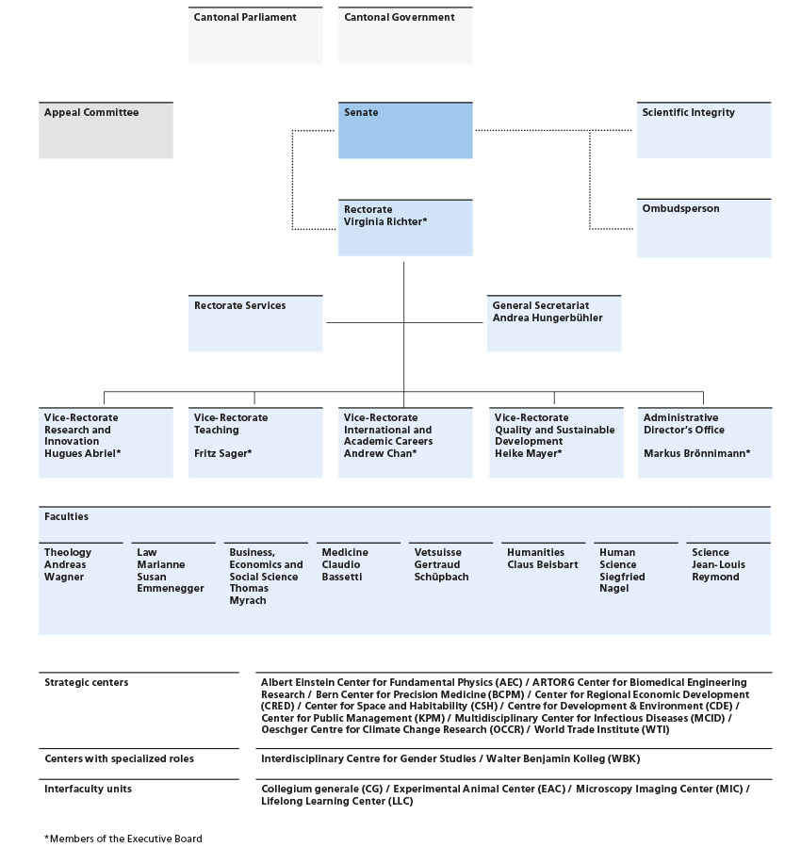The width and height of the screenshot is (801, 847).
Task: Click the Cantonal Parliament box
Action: pyautogui.click(x=255, y=35)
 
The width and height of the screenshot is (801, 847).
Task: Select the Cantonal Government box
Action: pyautogui.click(x=405, y=35)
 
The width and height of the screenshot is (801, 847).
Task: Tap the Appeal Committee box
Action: pyautogui.click(x=106, y=130)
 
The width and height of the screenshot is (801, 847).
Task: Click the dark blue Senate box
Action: pyautogui.click(x=405, y=130)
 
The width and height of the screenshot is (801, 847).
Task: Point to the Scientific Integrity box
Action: pyautogui.click(x=704, y=130)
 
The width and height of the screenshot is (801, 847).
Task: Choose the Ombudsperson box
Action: pyautogui.click(x=704, y=228)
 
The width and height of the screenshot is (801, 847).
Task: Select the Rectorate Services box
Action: pyautogui.click(x=255, y=323)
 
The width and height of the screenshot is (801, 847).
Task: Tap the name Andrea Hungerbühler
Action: pyautogui.click(x=548, y=318)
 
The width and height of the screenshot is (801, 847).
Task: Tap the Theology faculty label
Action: pyautogui.click(x=68, y=552)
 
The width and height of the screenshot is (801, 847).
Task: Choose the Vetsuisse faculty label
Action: pyautogui.click(x=438, y=552)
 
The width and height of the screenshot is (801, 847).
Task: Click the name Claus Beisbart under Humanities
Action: pyautogui.click(x=543, y=564)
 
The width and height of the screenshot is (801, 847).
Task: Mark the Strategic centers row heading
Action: pyautogui.click(x=87, y=682)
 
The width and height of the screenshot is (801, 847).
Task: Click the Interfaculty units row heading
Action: pyautogui.click(x=88, y=789)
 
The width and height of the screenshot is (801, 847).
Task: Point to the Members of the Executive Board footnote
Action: pyautogui.click(x=123, y=839)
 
